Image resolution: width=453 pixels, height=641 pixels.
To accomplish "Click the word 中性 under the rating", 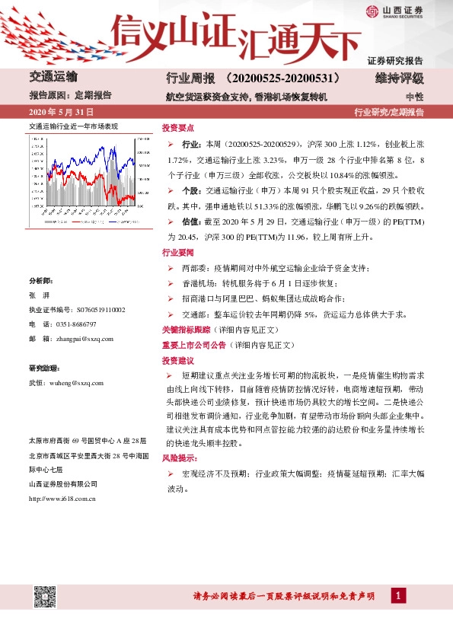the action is (x=414, y=97).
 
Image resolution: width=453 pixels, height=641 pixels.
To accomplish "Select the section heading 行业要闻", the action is (x=178, y=252).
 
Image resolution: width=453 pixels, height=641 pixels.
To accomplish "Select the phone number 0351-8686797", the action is (x=90, y=324).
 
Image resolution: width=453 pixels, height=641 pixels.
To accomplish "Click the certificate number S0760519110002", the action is (x=98, y=310).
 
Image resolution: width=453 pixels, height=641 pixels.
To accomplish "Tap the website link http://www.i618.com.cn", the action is (x=62, y=499).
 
